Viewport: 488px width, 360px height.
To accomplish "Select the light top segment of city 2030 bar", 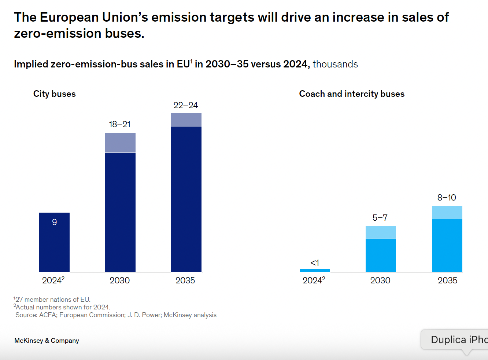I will (x=120, y=143).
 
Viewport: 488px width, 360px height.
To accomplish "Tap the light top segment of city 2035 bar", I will (x=186, y=120).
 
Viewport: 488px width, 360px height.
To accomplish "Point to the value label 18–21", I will (x=119, y=124).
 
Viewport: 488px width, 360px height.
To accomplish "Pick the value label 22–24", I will (x=185, y=105).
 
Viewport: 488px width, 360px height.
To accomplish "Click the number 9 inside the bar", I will (x=54, y=222).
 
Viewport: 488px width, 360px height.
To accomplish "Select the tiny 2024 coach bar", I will (x=315, y=271).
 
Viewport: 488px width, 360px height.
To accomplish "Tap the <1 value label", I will (x=315, y=262).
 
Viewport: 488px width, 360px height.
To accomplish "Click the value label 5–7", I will (x=380, y=218).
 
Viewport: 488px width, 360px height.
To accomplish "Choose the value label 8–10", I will (x=447, y=198).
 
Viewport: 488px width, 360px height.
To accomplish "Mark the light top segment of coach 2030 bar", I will (x=381, y=232).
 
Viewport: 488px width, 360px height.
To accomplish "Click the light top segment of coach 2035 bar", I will (x=447, y=212).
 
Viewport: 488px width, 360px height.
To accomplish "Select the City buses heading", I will (x=54, y=94).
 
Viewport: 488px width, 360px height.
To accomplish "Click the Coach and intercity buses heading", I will (x=352, y=94).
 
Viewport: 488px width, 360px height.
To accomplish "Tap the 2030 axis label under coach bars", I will (x=380, y=280).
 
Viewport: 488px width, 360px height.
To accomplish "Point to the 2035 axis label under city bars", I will (x=185, y=280).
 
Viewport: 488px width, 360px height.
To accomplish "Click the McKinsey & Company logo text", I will (x=47, y=341).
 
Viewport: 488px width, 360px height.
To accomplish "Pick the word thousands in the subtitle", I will (x=335, y=64).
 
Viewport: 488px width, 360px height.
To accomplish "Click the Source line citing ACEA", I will (x=116, y=315).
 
